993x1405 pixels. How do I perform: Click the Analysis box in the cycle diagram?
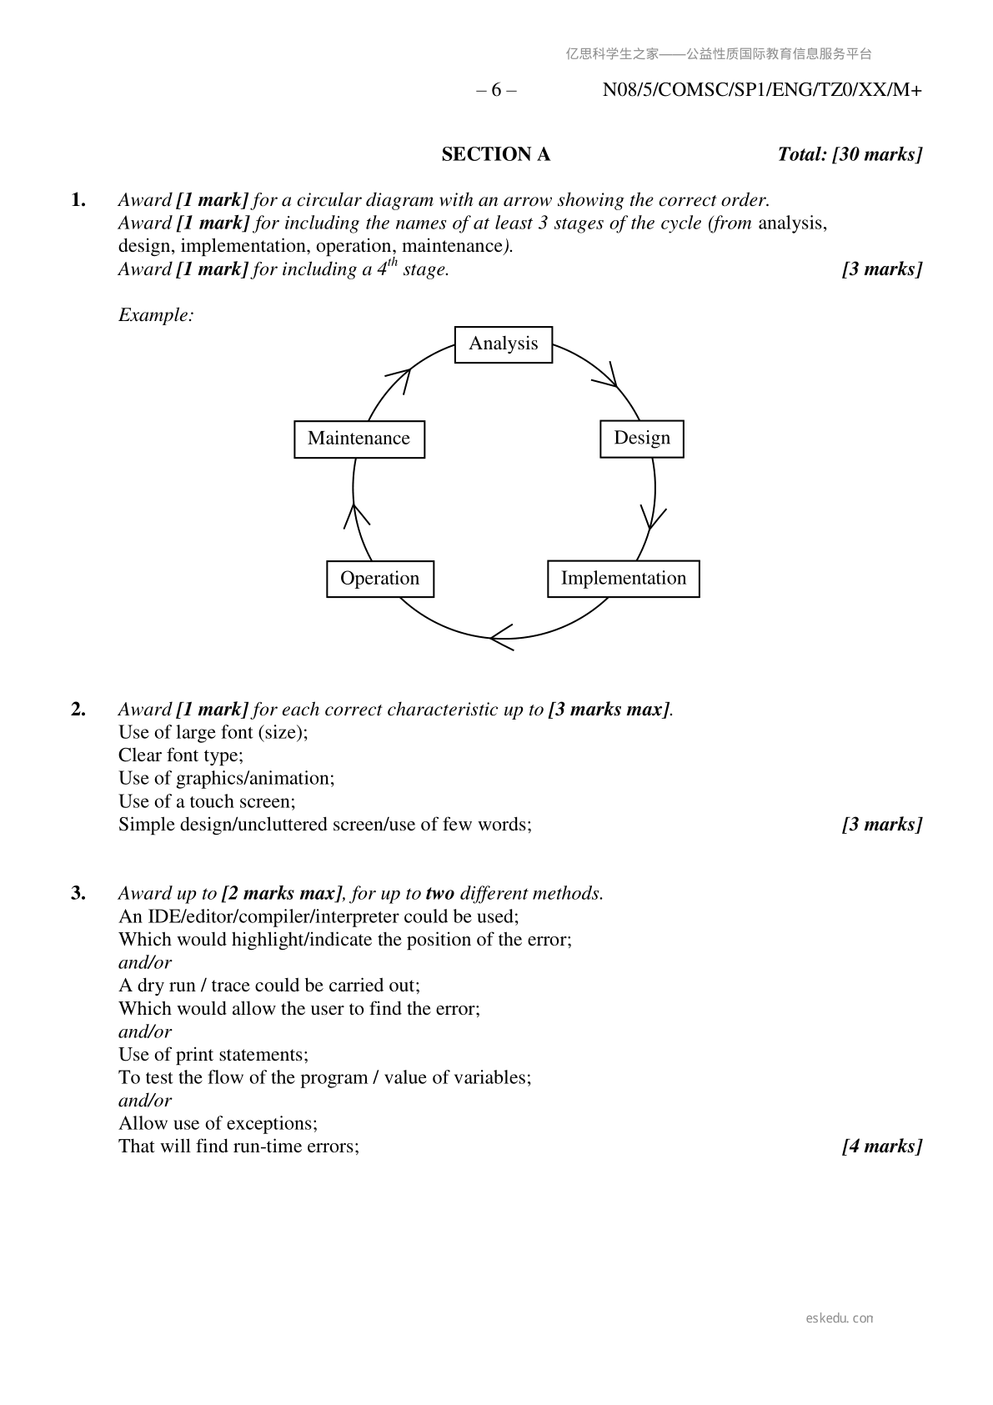coord(503,344)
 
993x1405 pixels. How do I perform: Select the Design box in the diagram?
coord(641,439)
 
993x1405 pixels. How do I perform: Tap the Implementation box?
coord(623,579)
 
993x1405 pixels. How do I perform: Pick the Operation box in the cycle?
coord(379,579)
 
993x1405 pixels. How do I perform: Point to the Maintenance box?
coord(359,439)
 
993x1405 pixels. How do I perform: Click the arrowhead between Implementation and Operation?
coord(500,640)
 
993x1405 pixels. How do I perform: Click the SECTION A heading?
coord(495,154)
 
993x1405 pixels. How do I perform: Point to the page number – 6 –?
coord(496,90)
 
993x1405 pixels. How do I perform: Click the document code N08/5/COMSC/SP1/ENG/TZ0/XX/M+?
coord(762,90)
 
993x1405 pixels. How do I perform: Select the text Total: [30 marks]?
coord(850,154)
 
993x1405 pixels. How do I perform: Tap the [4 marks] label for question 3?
coord(882,1147)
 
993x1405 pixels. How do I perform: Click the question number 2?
coord(78,710)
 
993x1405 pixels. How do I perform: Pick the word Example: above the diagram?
coord(156,315)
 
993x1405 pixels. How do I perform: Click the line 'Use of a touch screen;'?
coord(207,802)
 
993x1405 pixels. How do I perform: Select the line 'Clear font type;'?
coord(181,755)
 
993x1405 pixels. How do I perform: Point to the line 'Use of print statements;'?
coord(213,1055)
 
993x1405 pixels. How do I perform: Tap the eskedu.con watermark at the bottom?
coord(840,1318)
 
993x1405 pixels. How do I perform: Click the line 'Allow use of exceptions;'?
coord(218,1123)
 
